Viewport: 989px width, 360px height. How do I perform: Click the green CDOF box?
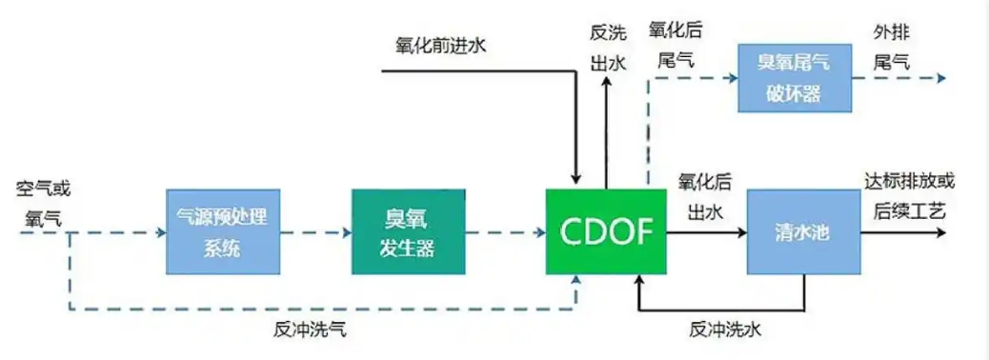point(605,231)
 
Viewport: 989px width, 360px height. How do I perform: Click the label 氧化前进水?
point(440,45)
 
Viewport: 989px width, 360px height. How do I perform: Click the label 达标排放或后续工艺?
point(908,197)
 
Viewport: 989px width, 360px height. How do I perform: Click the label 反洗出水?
point(607,46)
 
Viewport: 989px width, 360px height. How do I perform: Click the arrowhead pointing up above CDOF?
point(607,84)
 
